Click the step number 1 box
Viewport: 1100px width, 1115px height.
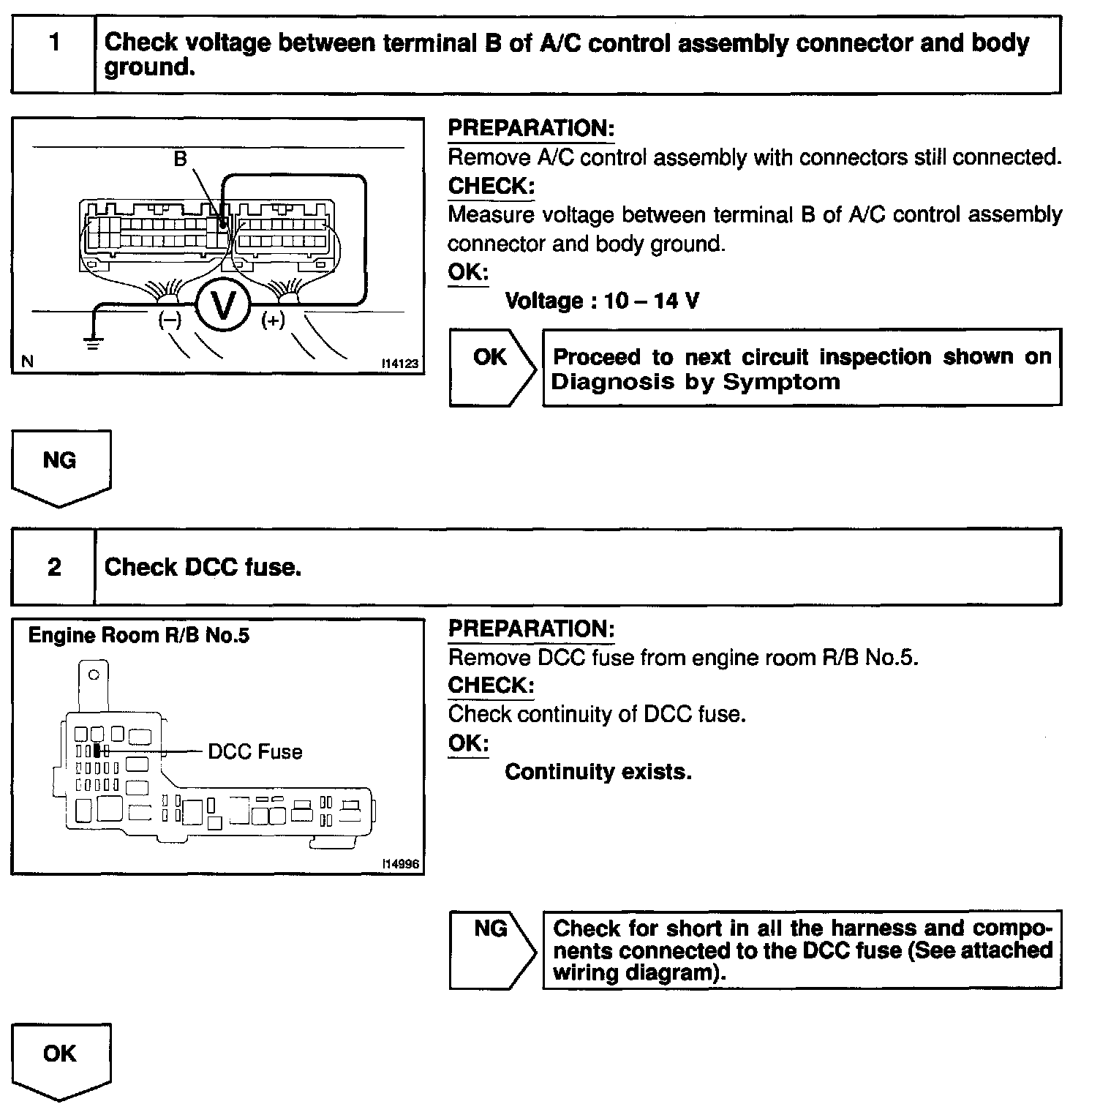53,54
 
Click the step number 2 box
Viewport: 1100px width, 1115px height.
53,567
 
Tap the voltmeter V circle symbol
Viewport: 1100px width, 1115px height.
223,305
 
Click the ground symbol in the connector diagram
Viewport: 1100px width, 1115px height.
92,341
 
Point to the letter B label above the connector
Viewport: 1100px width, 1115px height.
180,159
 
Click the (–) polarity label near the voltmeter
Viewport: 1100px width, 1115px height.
170,320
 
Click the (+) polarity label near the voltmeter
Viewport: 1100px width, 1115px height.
273,320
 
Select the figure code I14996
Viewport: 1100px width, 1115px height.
400,864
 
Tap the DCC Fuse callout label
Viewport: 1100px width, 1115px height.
255,752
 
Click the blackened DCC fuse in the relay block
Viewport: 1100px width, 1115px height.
97,751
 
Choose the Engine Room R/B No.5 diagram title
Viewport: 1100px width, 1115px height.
138,635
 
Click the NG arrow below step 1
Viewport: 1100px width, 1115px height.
61,466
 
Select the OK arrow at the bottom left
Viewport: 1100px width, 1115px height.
61,1059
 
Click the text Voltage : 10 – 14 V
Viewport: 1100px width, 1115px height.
602,301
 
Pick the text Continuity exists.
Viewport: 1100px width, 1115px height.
598,772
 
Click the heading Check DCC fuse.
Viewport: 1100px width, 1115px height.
203,567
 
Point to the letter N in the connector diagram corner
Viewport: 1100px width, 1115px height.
27,361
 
